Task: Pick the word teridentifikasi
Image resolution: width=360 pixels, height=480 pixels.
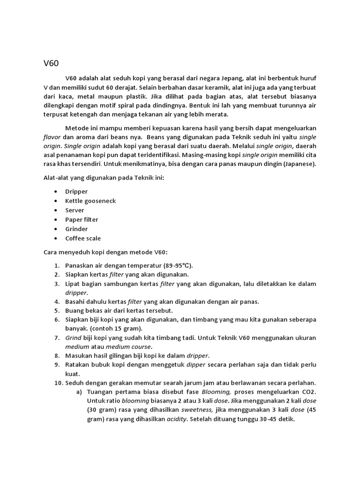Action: tap(155, 155)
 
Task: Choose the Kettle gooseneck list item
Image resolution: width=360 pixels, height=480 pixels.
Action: tap(90, 201)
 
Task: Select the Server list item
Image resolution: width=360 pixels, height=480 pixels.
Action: tap(75, 210)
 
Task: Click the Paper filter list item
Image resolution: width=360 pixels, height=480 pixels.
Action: tap(82, 219)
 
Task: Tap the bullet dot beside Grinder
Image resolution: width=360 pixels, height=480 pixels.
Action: tap(56, 229)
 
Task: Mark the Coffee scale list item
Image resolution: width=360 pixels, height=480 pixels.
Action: tap(83, 238)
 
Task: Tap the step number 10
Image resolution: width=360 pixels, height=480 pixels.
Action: tap(57, 382)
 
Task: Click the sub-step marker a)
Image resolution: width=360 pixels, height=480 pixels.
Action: tap(79, 392)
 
